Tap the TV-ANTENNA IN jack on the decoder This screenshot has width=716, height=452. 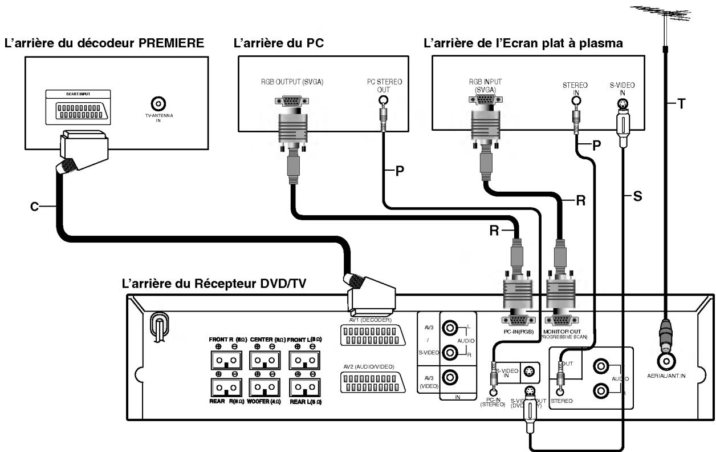coord(158,103)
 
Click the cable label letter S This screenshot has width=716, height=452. coord(638,196)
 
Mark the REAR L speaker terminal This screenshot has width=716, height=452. coord(303,387)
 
